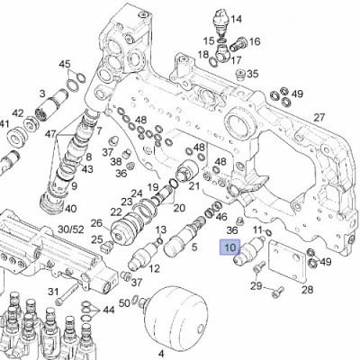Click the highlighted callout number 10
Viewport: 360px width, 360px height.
pyautogui.click(x=230, y=247)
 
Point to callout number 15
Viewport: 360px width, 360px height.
pyautogui.click(x=209, y=41)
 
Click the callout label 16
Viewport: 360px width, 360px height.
pyautogui.click(x=255, y=42)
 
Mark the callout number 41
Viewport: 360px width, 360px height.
pyautogui.click(x=5, y=124)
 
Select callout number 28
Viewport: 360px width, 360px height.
pyautogui.click(x=307, y=290)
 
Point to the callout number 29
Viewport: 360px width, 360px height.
pyautogui.click(x=256, y=286)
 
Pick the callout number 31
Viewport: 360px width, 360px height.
pyautogui.click(x=53, y=291)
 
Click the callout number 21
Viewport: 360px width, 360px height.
pyautogui.click(x=193, y=185)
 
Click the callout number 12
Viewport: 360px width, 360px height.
pyautogui.click(x=154, y=269)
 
